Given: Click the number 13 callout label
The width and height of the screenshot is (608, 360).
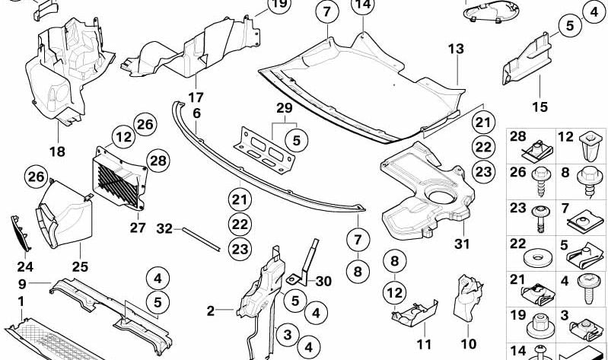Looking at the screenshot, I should click(x=455, y=49).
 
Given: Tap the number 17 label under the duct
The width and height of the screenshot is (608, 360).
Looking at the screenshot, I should click(x=196, y=97).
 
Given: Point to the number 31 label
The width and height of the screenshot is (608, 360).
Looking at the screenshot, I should click(x=463, y=244).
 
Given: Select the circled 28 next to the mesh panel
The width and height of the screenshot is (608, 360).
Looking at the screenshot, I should click(x=158, y=161).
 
